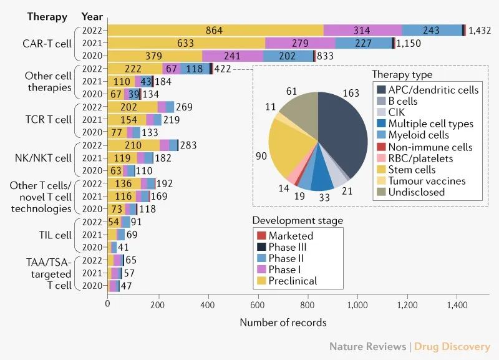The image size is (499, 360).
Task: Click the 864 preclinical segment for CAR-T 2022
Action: pyautogui.click(x=216, y=30)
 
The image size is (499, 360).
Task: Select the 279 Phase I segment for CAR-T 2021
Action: pyautogui.click(x=300, y=43)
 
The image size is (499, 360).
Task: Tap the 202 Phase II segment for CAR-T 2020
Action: pyautogui.click(x=287, y=56)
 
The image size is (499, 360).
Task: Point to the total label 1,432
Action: pyautogui.click(x=481, y=30)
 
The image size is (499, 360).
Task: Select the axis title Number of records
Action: pyautogui.click(x=283, y=323)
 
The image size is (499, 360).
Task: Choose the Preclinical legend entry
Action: pyautogui.click(x=293, y=281)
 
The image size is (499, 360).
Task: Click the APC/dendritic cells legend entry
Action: pyautogui.click(x=425, y=90)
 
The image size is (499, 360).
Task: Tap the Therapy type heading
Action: pyautogui.click(x=402, y=75)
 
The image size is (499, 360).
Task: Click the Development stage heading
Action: pyautogui.click(x=298, y=221)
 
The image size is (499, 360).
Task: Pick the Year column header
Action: pyautogui.click(x=92, y=16)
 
